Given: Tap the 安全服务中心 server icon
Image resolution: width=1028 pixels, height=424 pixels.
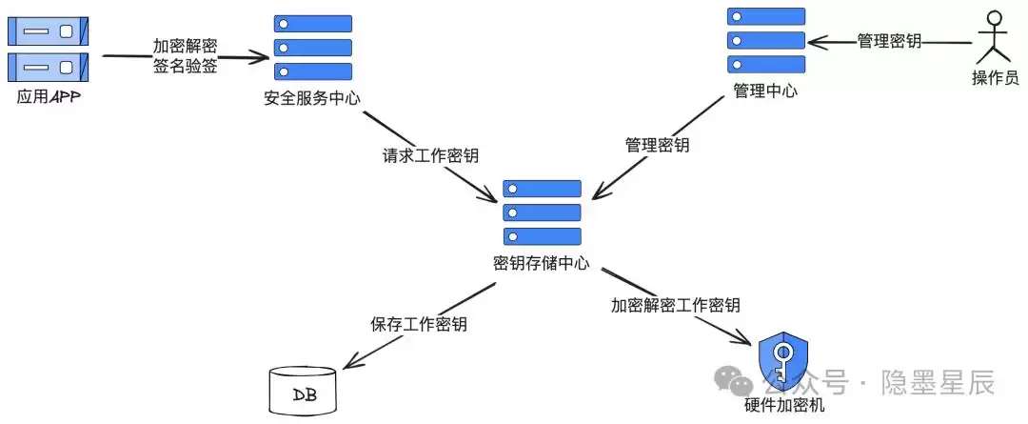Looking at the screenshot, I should tap(313, 48).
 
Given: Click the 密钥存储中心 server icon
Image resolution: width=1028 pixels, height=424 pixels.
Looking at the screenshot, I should tap(542, 212).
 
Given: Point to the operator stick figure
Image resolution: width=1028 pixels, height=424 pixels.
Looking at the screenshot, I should tap(995, 38).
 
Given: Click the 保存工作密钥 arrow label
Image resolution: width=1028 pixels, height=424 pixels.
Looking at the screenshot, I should tap(418, 324).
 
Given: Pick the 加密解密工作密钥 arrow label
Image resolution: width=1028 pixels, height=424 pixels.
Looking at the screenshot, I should tap(675, 305).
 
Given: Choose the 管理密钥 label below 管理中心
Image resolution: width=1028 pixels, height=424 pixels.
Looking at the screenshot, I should tap(657, 146).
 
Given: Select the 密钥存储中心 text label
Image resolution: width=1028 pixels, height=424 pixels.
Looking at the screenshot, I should tap(542, 262).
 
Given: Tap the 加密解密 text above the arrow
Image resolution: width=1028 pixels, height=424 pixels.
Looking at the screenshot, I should tap(186, 46).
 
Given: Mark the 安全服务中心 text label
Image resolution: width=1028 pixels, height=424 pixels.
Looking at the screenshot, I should tap(312, 98).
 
